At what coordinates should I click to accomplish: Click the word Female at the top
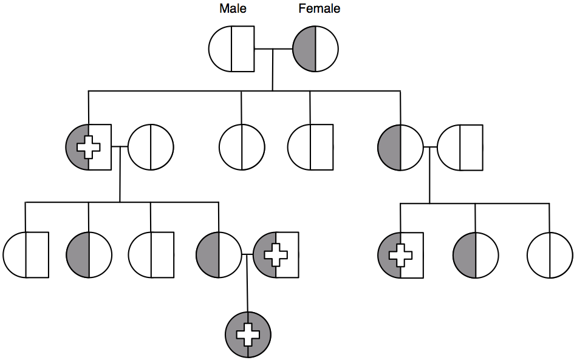319,9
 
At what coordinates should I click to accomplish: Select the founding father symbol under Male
231,49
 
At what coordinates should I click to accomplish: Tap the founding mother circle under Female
315,49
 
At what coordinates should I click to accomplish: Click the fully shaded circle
247,334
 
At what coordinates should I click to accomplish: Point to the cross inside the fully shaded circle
247,334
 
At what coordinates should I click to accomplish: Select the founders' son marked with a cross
89,147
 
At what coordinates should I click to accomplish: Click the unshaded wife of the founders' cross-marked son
151,147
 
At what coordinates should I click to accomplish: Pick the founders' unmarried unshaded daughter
242,147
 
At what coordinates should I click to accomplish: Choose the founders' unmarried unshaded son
310,147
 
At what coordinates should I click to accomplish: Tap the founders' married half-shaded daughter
400,147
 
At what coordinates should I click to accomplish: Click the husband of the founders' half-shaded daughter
460,147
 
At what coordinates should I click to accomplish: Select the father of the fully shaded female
276,254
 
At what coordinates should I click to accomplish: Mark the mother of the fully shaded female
219,254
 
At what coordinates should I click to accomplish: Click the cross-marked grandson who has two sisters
400,254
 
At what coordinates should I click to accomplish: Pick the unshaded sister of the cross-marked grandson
550,254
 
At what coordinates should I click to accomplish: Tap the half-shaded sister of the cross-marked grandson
476,254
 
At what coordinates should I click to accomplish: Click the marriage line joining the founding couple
273,49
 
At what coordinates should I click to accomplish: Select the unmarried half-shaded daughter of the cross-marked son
89,254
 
